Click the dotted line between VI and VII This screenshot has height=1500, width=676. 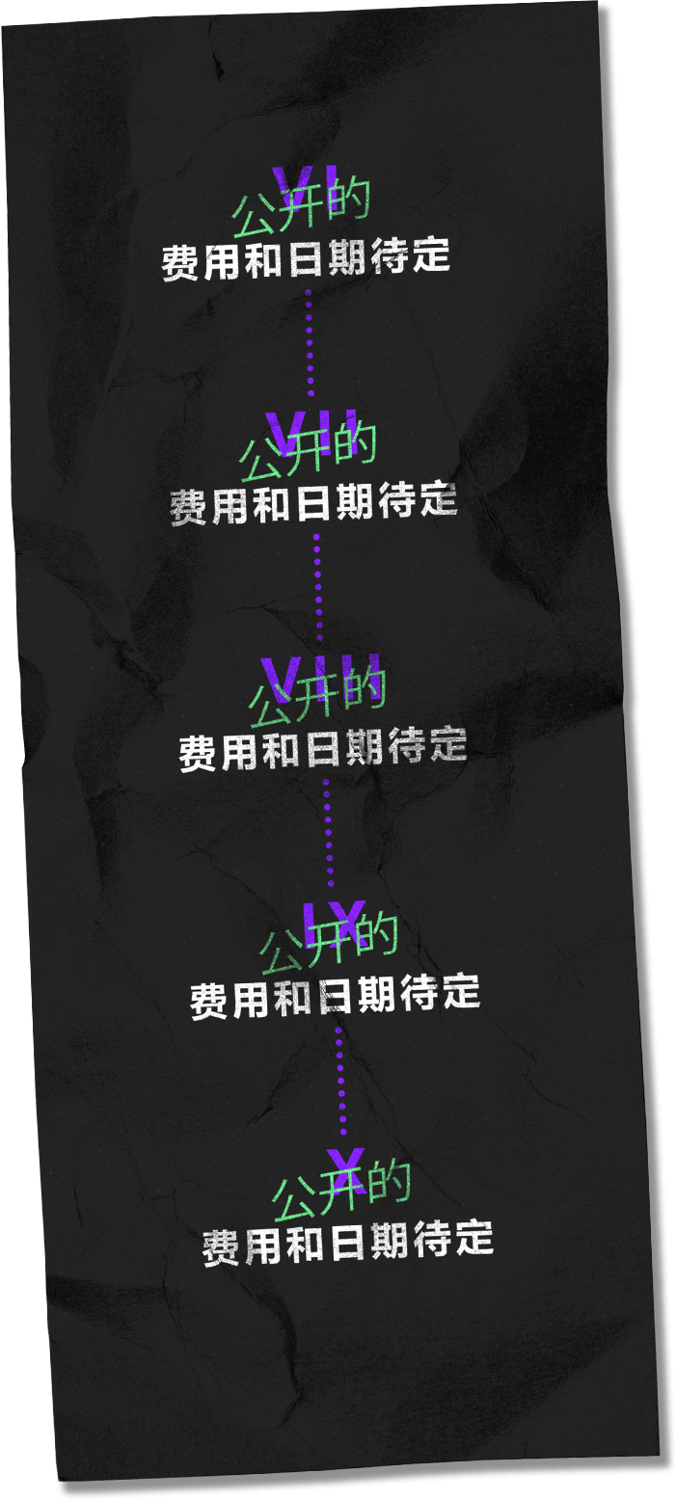click(x=310, y=341)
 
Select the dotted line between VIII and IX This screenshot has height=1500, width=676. click(x=329, y=831)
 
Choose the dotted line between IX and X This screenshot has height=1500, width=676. click(x=340, y=1078)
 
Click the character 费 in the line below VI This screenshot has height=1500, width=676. click(x=181, y=263)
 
